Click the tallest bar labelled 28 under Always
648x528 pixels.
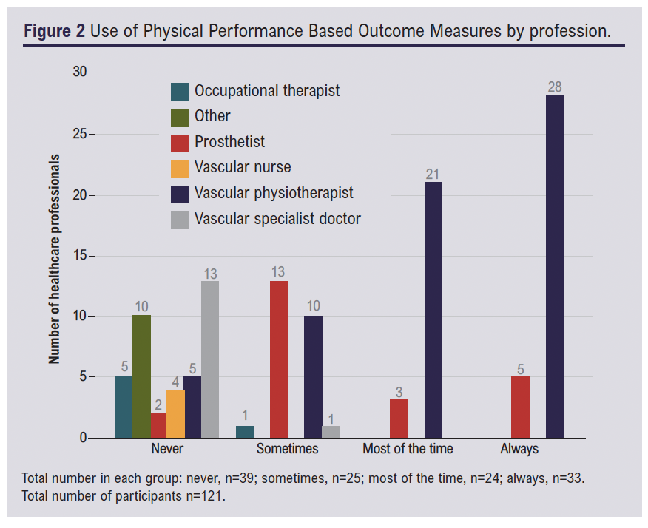pos(554,266)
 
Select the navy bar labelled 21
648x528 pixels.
pos(433,310)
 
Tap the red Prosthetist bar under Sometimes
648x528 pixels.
pos(279,359)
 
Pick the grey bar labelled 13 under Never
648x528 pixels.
pos(210,359)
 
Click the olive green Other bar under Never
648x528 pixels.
pos(141,377)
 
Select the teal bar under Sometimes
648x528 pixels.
pos(245,432)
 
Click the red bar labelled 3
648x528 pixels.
pos(399,419)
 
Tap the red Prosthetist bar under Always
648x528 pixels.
pos(520,407)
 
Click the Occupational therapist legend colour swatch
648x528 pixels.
pos(180,91)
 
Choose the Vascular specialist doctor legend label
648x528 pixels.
pos(277,219)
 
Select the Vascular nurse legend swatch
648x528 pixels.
pos(180,168)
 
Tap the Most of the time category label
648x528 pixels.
pos(408,449)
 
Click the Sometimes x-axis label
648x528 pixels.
pos(287,449)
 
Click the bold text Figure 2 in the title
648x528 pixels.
pos(54,33)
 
